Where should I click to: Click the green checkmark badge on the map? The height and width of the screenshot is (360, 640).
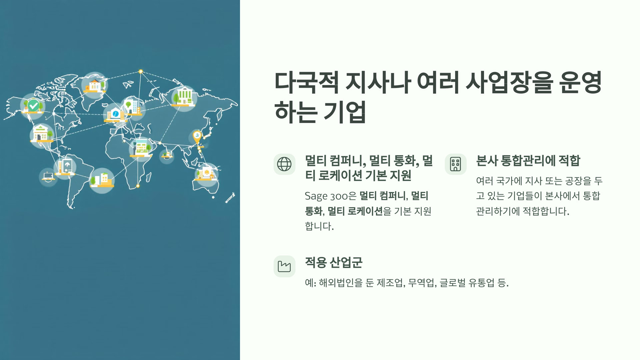pos(33,106)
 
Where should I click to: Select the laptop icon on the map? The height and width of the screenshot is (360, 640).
pos(48,176)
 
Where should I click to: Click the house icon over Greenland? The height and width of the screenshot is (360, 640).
pos(94,85)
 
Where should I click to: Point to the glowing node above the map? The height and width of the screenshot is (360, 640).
pos(141,71)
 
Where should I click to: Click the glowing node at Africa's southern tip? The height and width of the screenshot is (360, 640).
pos(138,186)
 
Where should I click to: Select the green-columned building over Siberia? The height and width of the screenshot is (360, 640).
pos(184,96)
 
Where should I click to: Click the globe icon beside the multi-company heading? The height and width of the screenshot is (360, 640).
pos(284,164)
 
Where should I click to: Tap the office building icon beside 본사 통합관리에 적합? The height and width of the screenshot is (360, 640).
pos(455,164)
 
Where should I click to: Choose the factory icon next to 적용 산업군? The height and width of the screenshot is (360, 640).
pos(284,266)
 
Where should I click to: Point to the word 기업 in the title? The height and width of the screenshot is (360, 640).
pos(345,112)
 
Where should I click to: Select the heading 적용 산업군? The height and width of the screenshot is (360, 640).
pos(334,263)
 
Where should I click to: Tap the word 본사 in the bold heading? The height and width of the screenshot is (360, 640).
pos(487,161)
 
